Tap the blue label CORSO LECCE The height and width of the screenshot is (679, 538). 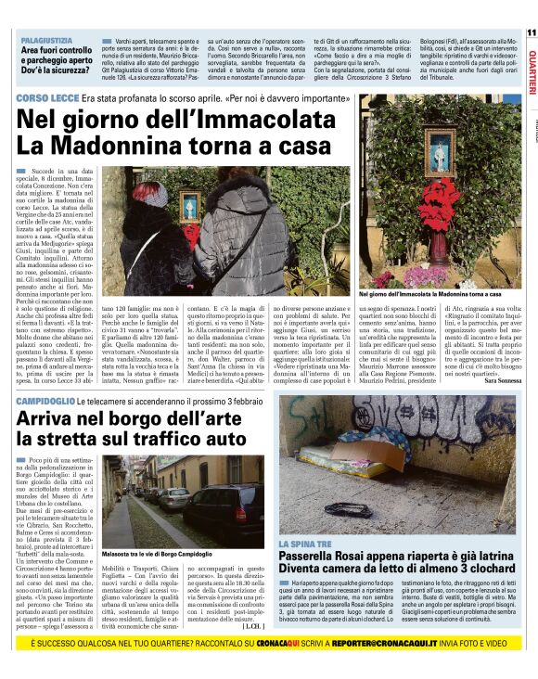[x=47, y=98]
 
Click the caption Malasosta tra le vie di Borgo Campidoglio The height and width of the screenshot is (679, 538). [x=158, y=554]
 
